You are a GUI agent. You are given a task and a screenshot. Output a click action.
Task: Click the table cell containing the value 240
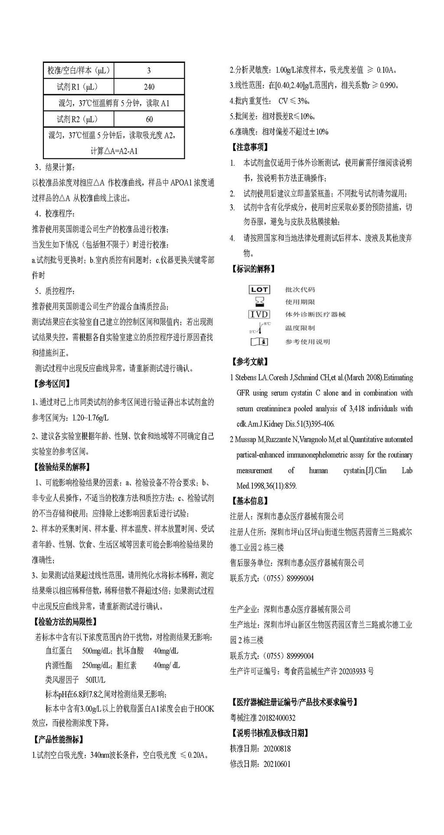coord(149,87)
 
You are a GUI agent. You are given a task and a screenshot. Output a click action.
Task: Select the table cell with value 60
coord(149,119)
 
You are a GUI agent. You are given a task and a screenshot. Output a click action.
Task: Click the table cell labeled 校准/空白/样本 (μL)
coord(78,70)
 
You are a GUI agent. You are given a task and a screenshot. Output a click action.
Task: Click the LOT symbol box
coord(259,289)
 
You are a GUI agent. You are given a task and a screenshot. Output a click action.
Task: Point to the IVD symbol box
coord(259,314)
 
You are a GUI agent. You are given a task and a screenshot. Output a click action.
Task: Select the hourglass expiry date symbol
coord(259,301)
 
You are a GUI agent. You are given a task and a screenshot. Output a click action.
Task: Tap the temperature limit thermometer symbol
coord(260,328)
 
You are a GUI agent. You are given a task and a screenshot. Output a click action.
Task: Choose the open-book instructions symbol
coord(259,342)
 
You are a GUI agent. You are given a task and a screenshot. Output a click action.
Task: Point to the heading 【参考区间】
coord(52,383)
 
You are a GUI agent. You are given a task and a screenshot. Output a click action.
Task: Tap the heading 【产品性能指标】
coord(59,739)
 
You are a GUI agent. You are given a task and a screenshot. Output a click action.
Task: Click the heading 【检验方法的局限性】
coord(65,622)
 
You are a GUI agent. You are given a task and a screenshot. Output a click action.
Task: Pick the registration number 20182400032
coord(277,718)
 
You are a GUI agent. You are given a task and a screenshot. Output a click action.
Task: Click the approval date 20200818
coord(277,749)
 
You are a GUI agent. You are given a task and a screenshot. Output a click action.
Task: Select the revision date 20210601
coord(277,764)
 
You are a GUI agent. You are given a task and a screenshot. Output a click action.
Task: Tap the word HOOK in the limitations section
coord(204,709)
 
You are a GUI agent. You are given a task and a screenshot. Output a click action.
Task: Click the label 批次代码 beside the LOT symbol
coord(300,289)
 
